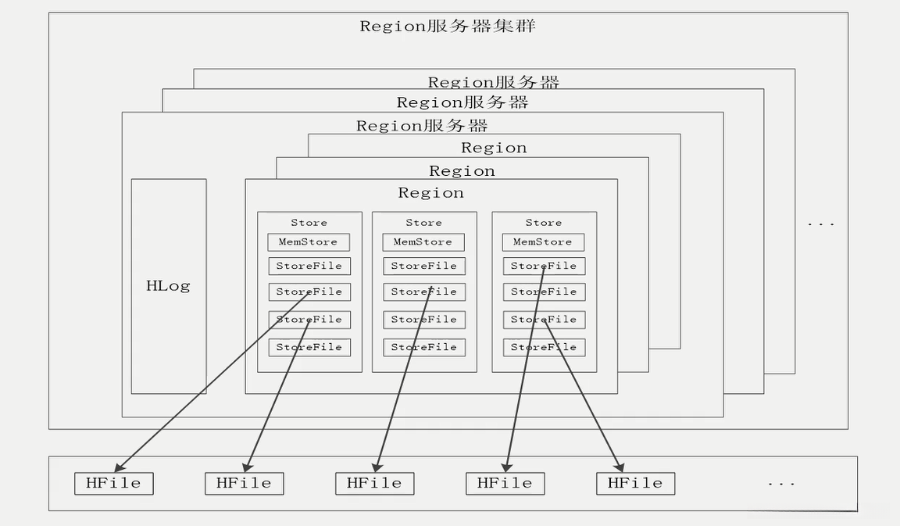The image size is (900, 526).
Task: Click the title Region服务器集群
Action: (448, 27)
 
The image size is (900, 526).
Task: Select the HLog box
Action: (169, 286)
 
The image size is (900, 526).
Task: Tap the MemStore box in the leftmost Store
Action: (309, 242)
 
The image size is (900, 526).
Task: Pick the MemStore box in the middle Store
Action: (423, 242)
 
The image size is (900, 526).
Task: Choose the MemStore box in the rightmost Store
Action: (544, 242)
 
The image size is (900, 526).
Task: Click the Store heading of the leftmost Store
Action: (309, 223)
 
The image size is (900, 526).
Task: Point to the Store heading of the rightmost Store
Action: (544, 223)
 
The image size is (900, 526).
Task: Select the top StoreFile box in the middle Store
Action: (424, 267)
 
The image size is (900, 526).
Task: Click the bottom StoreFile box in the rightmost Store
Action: (544, 348)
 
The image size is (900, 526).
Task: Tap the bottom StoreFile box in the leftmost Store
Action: (309, 348)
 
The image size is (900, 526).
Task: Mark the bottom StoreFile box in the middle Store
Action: (424, 348)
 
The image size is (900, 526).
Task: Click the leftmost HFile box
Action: (113, 484)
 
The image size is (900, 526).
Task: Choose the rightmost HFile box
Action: (635, 484)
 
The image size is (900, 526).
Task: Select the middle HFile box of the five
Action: (375, 484)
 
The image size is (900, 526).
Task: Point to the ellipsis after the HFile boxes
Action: (781, 485)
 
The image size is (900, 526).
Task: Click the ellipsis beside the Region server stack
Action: (821, 224)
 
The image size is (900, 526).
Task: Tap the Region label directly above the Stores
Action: (431, 193)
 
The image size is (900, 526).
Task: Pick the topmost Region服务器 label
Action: (494, 82)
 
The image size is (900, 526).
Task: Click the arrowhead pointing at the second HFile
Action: (247, 467)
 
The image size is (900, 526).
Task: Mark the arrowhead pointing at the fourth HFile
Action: (507, 467)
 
